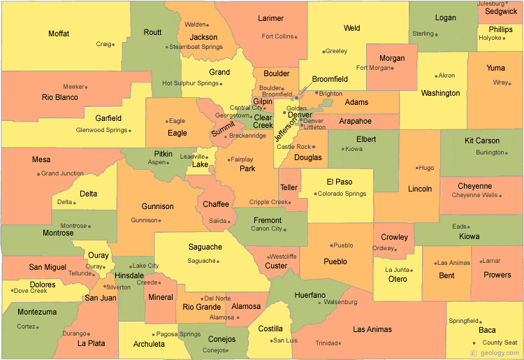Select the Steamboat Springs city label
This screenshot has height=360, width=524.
tap(196, 47)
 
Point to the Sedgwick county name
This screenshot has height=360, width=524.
tap(501, 11)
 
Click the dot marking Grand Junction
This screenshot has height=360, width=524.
tap(38, 173)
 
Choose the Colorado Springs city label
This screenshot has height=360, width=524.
tap(342, 194)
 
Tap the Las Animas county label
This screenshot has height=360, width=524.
tap(372, 329)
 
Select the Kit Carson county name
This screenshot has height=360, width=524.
tap(482, 141)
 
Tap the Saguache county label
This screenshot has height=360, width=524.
tap(205, 247)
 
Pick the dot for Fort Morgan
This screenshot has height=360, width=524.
tap(390, 68)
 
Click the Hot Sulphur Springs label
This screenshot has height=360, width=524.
tap(191, 83)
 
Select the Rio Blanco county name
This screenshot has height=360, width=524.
tap(60, 97)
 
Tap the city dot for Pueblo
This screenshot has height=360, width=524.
tap(329, 245)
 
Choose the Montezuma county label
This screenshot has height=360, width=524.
tap(37, 312)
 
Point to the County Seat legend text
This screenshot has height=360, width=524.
tap(500, 343)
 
